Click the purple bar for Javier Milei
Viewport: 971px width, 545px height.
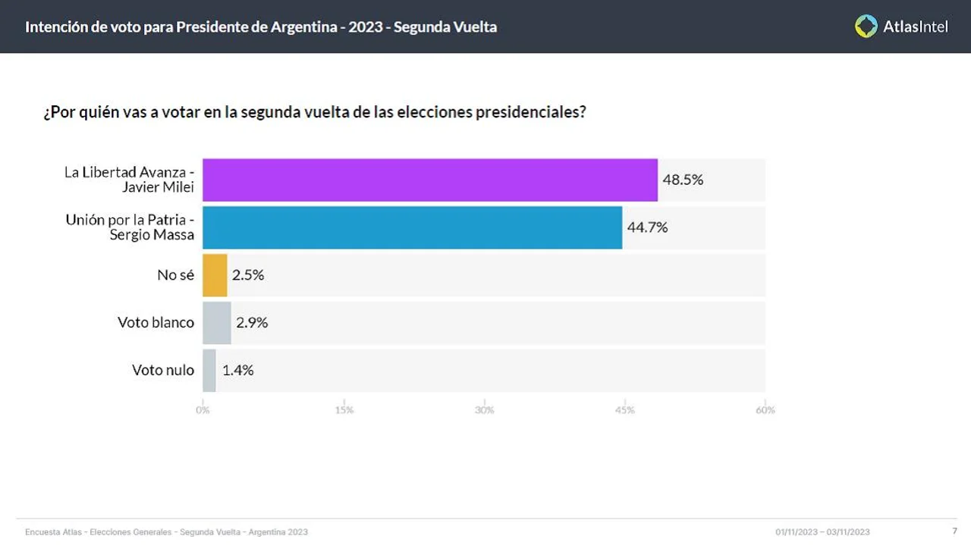coord(430,180)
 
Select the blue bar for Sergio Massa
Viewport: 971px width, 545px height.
coord(412,227)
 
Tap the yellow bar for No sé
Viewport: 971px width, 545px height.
coord(215,275)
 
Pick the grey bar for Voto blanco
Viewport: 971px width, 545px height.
coord(217,323)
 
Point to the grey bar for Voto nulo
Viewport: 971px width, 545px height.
coord(209,371)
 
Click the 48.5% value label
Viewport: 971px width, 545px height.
coord(683,180)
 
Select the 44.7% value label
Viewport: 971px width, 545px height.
coord(647,227)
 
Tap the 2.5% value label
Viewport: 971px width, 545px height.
coord(248,275)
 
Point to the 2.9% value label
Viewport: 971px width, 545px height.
coord(252,323)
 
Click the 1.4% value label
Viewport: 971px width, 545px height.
coord(237,371)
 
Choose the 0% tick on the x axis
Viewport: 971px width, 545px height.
coord(203,410)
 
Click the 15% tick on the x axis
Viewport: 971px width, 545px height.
coord(344,410)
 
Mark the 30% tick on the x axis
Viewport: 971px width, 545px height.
coord(484,410)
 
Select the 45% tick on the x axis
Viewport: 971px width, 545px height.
coord(624,410)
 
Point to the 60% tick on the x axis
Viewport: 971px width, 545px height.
coord(765,410)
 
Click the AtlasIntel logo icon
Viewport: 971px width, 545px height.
coord(866,27)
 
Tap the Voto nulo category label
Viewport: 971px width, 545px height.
coord(163,371)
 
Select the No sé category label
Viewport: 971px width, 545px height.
coord(176,275)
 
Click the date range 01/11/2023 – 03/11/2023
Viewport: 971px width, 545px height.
coord(822,532)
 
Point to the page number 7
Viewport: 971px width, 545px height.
coord(954,531)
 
